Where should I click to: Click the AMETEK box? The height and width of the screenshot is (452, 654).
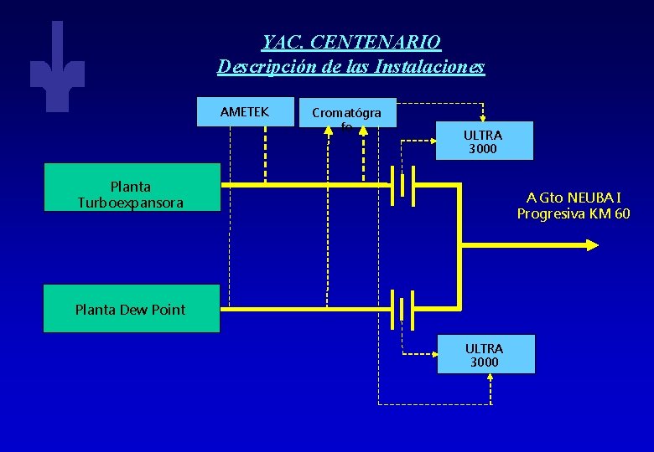245,112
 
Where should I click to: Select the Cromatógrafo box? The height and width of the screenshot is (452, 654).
347,113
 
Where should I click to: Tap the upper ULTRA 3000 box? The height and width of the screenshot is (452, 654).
484,141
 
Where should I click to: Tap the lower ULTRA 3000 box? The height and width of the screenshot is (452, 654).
485,355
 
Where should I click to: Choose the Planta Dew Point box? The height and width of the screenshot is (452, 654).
131,309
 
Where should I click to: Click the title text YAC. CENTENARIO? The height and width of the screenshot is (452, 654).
350,41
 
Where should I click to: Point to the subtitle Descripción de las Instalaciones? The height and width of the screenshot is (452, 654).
350,66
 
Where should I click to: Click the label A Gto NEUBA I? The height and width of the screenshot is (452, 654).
574,198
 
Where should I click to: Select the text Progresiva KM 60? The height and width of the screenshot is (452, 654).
574,213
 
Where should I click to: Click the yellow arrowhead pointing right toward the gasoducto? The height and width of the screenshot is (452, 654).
592,245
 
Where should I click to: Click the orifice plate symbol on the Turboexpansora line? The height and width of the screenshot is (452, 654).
403,185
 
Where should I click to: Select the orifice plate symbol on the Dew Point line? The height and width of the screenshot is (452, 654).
402,308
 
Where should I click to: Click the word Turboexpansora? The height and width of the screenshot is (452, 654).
131,203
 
